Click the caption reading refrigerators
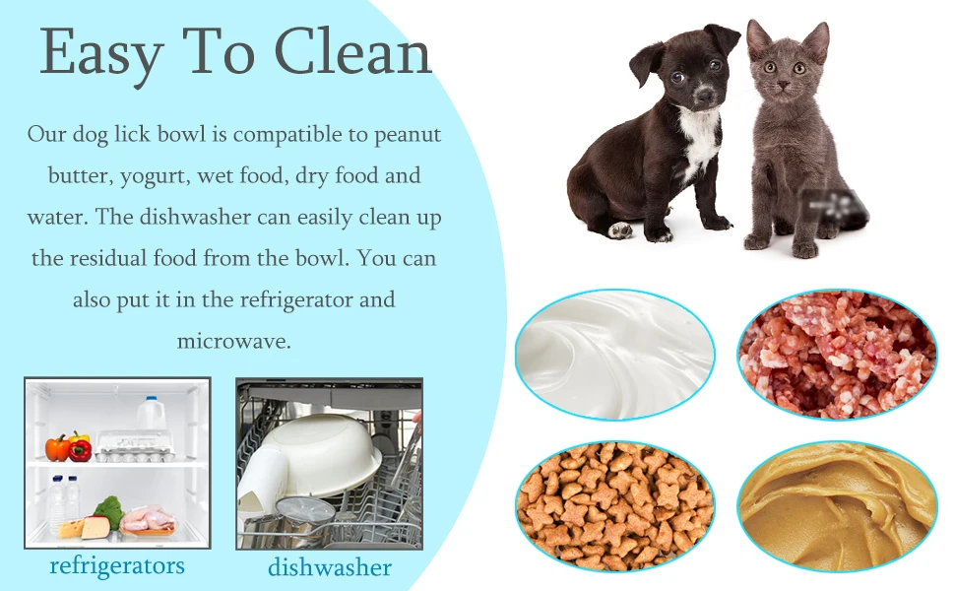[117, 565]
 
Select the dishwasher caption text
[330, 567]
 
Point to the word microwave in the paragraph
[233, 341]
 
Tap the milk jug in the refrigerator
[150, 414]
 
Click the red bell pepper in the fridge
[81, 450]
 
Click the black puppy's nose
[706, 99]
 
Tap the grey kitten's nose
[783, 88]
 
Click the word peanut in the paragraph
[407, 134]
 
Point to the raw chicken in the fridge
[148, 519]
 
